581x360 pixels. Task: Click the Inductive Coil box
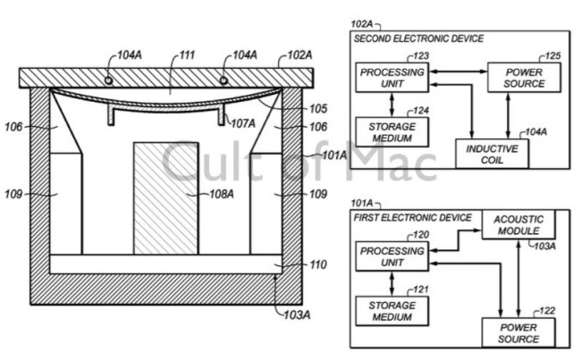[x=492, y=154]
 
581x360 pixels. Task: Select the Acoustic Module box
[x=518, y=225]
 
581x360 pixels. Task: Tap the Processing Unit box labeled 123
[x=392, y=78]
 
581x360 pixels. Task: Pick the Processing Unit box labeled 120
[x=392, y=256]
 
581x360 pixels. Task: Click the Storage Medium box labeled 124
[x=392, y=132]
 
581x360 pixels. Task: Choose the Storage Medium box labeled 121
[x=392, y=311]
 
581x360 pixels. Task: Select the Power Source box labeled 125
[x=524, y=78]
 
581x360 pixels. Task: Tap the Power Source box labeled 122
[x=518, y=332]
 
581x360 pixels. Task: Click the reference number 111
[x=188, y=55]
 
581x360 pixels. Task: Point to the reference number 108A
[x=222, y=194]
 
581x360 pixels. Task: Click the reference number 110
[x=318, y=264]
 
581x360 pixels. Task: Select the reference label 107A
[x=243, y=123]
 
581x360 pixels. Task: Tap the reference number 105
[x=318, y=108]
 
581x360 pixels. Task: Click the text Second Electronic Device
[x=418, y=38]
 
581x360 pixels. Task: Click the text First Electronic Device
[x=413, y=217]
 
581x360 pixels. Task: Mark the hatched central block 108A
[x=165, y=198]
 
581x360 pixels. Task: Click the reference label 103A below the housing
[x=297, y=315]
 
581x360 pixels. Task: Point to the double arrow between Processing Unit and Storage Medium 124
[x=392, y=105]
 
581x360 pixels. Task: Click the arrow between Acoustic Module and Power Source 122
[x=518, y=279]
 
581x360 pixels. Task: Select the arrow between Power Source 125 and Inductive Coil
[x=508, y=116]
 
